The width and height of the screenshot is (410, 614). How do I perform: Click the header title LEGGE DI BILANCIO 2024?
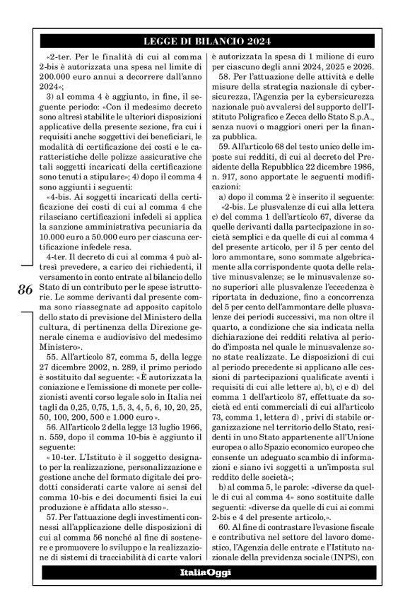205,41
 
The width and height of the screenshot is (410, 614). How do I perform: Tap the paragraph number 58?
226,76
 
